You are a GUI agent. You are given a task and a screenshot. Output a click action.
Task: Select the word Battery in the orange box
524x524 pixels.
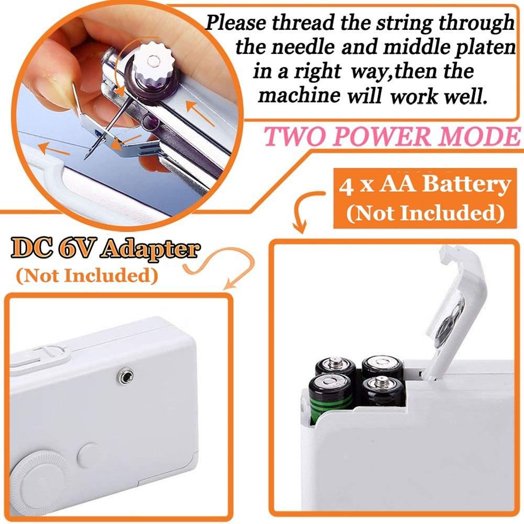[x=468, y=185]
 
